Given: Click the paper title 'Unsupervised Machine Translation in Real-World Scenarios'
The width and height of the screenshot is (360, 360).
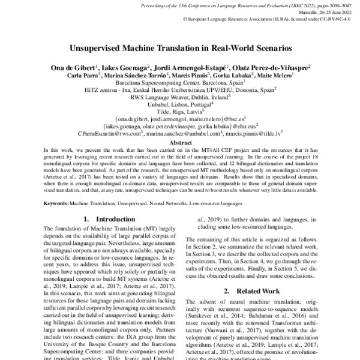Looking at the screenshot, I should click(179, 46).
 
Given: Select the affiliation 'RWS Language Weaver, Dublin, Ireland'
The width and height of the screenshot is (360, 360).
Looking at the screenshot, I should click(180, 96).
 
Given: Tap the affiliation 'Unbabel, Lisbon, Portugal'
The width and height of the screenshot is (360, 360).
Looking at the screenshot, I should click(180, 103).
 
